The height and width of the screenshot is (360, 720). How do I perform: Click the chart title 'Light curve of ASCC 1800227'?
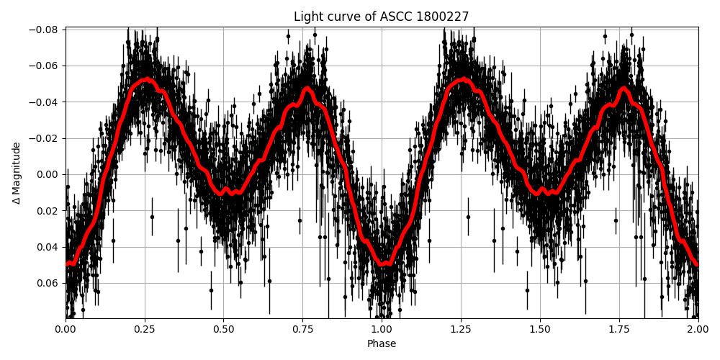pos(382,17)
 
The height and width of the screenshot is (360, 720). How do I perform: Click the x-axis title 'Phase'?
pos(382,344)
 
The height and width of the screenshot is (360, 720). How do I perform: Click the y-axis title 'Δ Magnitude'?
pos(16,173)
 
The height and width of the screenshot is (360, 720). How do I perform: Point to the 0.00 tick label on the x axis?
pos(66,329)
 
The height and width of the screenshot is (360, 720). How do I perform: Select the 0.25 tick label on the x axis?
pos(145,329)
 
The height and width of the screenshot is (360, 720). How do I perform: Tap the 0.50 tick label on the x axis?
pos(224,329)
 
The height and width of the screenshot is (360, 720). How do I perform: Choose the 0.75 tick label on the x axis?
pos(302,329)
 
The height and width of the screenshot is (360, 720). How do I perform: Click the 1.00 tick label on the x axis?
pos(382,329)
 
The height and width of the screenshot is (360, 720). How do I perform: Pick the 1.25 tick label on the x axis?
pos(461,329)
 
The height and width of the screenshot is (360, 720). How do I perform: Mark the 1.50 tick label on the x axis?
pos(540,329)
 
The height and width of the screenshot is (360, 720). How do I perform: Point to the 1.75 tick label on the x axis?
pos(619,329)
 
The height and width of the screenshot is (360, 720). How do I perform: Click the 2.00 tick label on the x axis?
pos(698,329)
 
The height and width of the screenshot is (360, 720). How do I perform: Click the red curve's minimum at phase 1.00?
pos(382,264)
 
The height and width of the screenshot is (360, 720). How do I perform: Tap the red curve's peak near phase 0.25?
pos(147,79)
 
